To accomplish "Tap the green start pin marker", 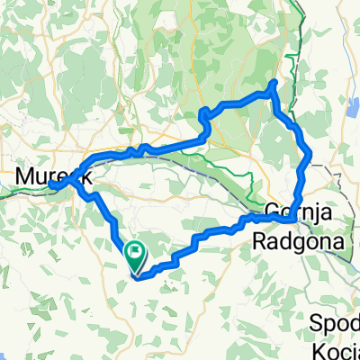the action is (136, 258).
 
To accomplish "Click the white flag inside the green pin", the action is (136, 253).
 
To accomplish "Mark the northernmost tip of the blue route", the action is (274, 84).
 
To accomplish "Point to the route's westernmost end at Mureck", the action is (52, 185).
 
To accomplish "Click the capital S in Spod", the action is (316, 321).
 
